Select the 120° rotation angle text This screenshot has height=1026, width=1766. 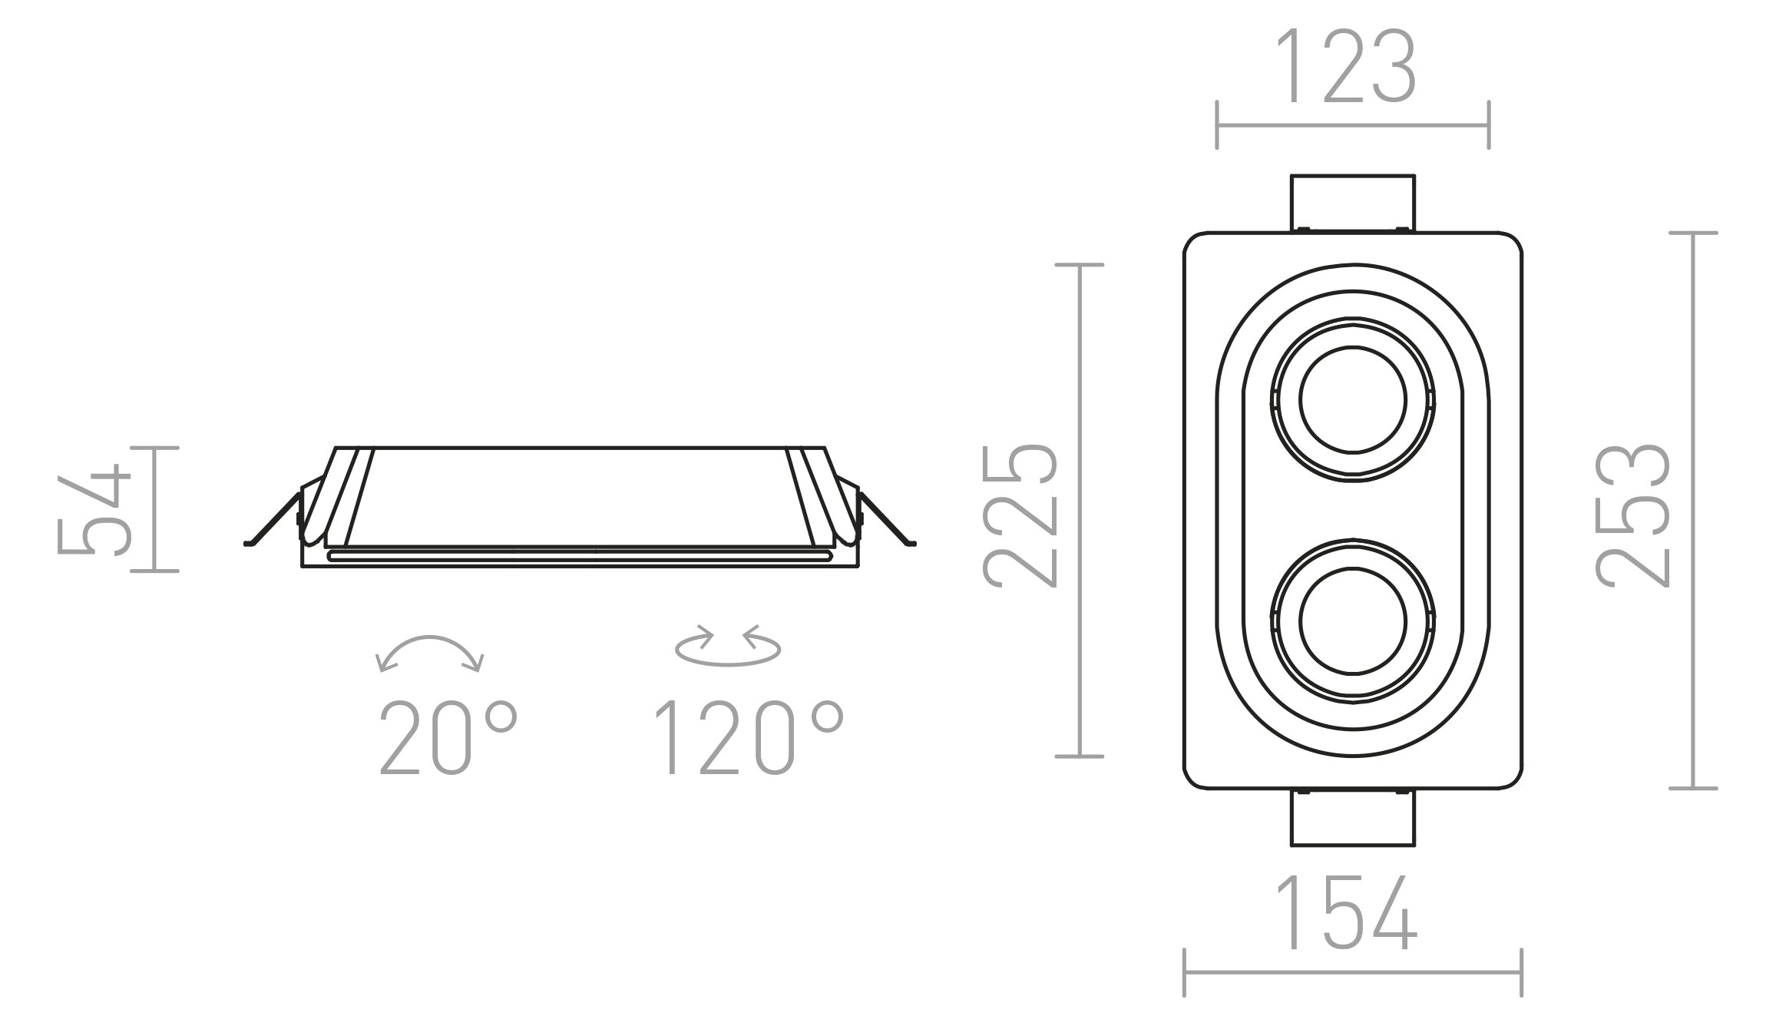click(x=749, y=736)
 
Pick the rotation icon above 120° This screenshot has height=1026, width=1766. click(x=728, y=645)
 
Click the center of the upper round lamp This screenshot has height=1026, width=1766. click(x=1353, y=399)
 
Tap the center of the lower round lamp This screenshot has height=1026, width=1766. click(x=1353, y=621)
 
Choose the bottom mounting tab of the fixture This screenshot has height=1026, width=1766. click(x=1353, y=818)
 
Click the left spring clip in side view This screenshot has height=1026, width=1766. click(x=273, y=518)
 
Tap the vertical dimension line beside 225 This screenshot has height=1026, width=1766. click(x=1080, y=511)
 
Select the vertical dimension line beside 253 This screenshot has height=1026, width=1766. click(x=1693, y=511)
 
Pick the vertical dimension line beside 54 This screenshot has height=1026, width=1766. click(x=154, y=509)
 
